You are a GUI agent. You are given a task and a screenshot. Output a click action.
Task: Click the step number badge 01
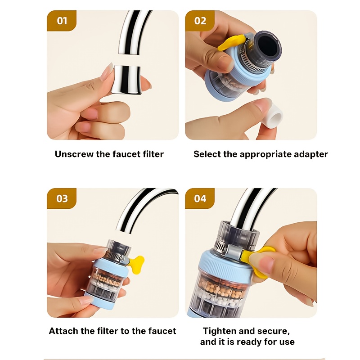pyautogui.click(x=62, y=21)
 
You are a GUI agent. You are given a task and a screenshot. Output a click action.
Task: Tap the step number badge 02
pyautogui.click(x=200, y=21)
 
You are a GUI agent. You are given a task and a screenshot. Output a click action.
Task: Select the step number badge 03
pyautogui.click(x=62, y=198)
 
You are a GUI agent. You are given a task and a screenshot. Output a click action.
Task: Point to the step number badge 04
pyautogui.click(x=200, y=198)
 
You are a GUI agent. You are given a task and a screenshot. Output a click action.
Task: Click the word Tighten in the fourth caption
pyautogui.click(x=220, y=331)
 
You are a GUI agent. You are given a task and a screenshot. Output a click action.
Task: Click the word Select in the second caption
pyautogui.click(x=207, y=154)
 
